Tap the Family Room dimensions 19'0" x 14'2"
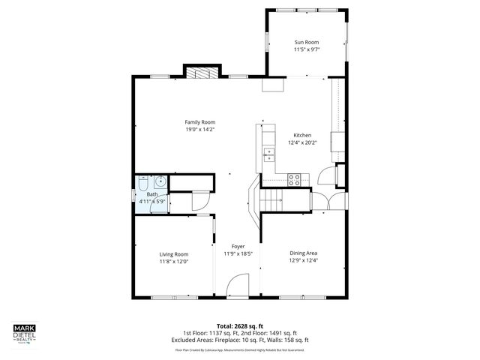(x=200, y=129)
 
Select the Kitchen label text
(x=302, y=135)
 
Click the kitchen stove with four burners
(x=295, y=179)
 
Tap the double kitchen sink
(x=268, y=154)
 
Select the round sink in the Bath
(x=160, y=181)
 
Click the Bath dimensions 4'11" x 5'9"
(x=152, y=201)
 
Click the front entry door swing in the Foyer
(x=236, y=285)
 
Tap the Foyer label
(x=238, y=246)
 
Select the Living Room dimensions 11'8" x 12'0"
(x=173, y=262)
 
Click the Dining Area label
(x=303, y=253)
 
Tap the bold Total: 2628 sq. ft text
(x=240, y=326)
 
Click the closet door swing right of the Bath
(x=200, y=201)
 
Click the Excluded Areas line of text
(x=240, y=340)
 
